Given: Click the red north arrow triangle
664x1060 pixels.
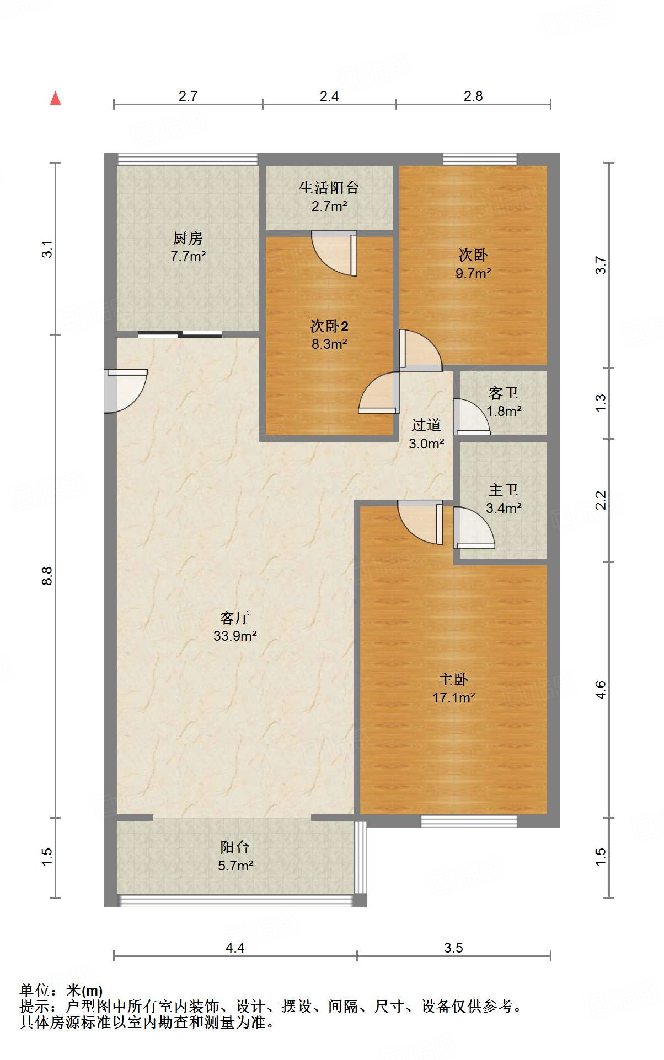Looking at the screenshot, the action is (55, 98).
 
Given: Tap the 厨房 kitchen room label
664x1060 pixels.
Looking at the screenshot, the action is (188, 238).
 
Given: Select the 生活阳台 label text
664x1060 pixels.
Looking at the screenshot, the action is (329, 188).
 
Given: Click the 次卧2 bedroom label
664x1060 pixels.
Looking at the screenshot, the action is (329, 326).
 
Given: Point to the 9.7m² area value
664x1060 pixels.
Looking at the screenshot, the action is (473, 273).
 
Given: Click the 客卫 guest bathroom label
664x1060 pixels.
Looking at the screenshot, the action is (504, 393).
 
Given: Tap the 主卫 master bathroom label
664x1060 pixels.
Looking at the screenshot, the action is (504, 490).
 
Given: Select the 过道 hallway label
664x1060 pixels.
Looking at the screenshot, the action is (426, 425).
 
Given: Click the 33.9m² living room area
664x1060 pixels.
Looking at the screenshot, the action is (235, 636).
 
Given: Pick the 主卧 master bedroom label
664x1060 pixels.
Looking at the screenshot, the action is (453, 679).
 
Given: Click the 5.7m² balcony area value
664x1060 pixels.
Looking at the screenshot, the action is (235, 866).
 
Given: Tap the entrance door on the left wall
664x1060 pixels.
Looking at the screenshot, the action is (126, 391).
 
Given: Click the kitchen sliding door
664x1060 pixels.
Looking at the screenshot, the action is (180, 334).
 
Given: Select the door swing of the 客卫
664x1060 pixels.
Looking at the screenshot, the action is (472, 417).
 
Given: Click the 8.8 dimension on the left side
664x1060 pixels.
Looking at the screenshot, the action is (47, 576).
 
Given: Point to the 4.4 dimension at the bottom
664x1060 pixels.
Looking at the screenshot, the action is (235, 948).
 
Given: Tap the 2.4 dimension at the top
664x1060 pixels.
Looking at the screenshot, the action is (329, 96).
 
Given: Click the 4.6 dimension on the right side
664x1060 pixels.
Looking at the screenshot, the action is (601, 690).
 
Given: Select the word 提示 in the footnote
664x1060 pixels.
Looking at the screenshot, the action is (35, 1007).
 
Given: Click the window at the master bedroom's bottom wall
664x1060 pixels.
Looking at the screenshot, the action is (469, 821).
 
